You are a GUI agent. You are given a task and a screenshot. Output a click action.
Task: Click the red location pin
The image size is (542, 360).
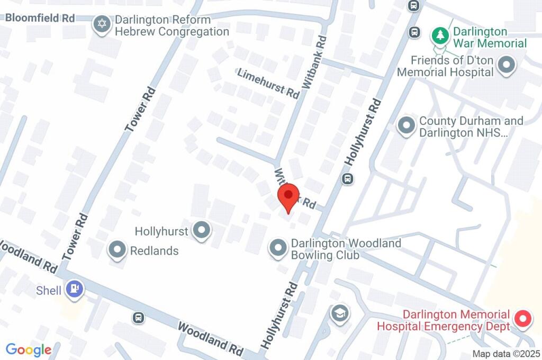[x=288, y=197]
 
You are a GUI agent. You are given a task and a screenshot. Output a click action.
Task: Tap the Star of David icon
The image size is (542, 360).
[x=101, y=24]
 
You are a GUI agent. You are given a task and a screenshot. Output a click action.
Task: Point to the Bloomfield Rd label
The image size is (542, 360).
[x=40, y=17]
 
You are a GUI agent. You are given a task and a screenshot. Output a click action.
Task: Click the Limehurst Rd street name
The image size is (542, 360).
[x=268, y=83]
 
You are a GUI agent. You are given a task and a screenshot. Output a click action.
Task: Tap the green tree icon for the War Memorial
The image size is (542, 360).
[x=440, y=35]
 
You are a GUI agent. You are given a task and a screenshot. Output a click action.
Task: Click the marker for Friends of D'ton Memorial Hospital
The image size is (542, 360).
[x=507, y=66]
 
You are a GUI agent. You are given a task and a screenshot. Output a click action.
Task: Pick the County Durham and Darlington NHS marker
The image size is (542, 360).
[x=406, y=126]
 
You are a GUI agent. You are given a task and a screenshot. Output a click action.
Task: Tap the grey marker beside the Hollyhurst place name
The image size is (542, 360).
[x=201, y=230]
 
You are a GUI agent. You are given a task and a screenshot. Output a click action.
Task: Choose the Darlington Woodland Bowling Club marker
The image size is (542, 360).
[x=277, y=248]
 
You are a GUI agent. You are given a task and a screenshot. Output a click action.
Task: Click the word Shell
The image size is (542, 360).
[x=49, y=290]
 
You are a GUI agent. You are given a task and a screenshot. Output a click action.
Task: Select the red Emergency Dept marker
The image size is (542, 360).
[x=523, y=319]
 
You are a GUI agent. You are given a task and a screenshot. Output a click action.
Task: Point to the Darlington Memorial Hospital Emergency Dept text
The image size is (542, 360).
[x=443, y=320]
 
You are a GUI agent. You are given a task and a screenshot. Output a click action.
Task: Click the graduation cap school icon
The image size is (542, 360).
[x=339, y=313]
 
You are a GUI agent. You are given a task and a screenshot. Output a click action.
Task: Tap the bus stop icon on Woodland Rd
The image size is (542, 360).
[x=138, y=317]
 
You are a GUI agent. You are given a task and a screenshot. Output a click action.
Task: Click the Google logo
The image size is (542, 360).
[x=29, y=349]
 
